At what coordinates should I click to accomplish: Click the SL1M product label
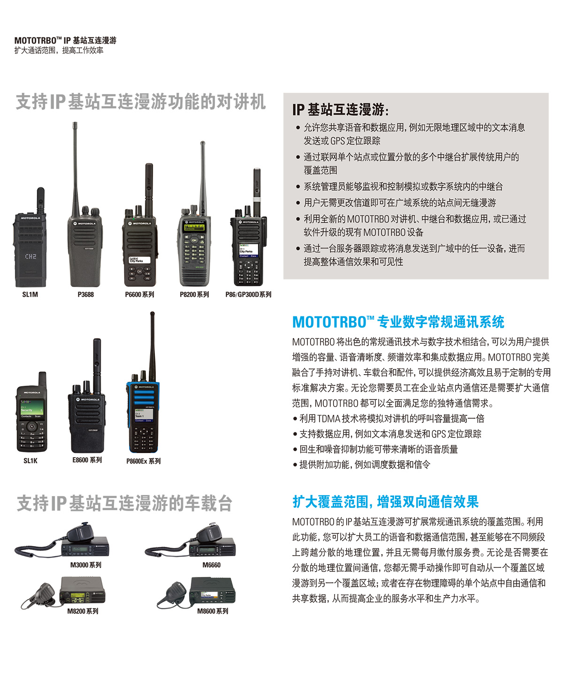tap(30, 294)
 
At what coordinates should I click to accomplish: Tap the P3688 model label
tap(85, 294)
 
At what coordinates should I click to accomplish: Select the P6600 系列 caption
tap(139, 294)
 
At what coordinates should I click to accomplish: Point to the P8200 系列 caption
tap(194, 294)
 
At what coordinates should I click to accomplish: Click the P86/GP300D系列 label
tap(248, 294)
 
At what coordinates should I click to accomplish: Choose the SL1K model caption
tap(30, 461)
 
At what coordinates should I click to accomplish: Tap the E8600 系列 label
tap(87, 460)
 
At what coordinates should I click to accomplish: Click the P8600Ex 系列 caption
tap(143, 461)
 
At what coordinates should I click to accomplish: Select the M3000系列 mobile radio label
tap(85, 565)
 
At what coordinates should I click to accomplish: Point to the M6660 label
tap(211, 565)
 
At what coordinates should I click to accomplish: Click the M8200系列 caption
tap(83, 611)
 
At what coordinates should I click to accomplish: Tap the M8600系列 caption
tap(213, 611)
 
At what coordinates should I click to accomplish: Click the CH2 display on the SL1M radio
tap(30, 256)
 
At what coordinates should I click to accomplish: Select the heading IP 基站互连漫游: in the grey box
tap(340, 110)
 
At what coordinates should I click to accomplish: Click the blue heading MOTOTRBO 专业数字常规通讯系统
tap(398, 322)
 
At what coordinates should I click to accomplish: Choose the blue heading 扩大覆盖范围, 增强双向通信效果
tap(385, 502)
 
